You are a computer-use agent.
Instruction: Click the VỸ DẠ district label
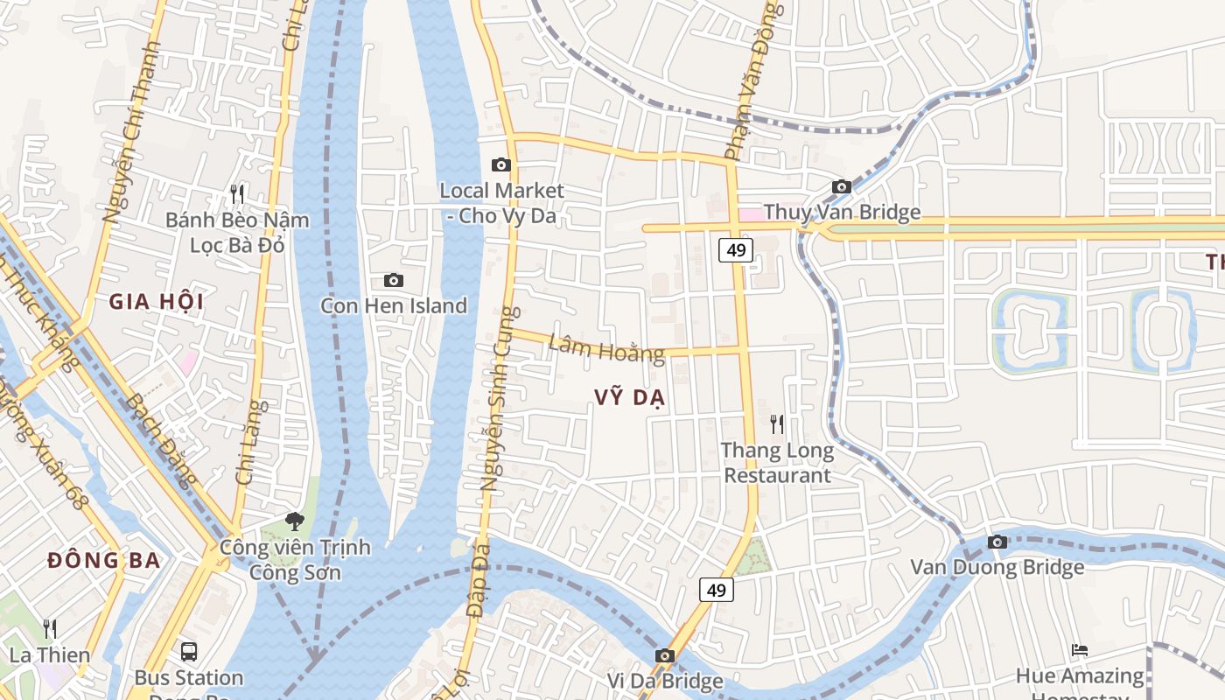pyautogui.click(x=629, y=398)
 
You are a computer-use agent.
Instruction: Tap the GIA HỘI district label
pyautogui.click(x=156, y=303)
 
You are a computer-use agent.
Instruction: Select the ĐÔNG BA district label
pyautogui.click(x=104, y=561)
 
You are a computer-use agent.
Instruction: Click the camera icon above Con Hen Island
pyautogui.click(x=394, y=280)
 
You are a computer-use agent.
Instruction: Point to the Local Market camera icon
pyautogui.click(x=501, y=164)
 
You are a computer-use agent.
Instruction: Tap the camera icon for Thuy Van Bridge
pyautogui.click(x=842, y=186)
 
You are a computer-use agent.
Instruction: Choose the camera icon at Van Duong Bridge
pyautogui.click(x=997, y=542)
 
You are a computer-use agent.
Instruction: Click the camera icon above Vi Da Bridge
pyautogui.click(x=665, y=655)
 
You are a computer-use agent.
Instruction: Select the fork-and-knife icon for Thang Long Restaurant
pyautogui.click(x=777, y=424)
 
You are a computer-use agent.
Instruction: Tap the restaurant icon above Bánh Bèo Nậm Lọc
pyautogui.click(x=237, y=193)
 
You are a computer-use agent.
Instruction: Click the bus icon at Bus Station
pyautogui.click(x=189, y=651)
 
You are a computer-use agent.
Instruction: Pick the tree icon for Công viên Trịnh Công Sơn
pyautogui.click(x=295, y=521)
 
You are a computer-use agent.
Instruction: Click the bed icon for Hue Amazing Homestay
pyautogui.click(x=1080, y=650)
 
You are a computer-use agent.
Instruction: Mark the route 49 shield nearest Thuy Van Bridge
pyautogui.click(x=736, y=251)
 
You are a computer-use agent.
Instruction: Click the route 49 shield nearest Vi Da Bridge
pyautogui.click(x=716, y=591)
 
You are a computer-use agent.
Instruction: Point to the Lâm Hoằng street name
pyautogui.click(x=605, y=348)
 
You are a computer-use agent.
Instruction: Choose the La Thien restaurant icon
pyautogui.click(x=50, y=629)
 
